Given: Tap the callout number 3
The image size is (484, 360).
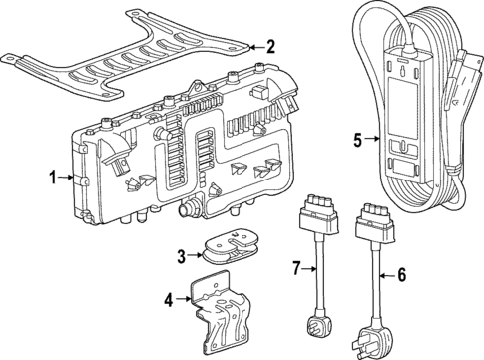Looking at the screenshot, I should pyautogui.click(x=181, y=256).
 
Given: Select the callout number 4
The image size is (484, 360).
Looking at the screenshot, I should pyautogui.click(x=169, y=297).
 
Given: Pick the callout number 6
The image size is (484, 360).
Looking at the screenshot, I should pyautogui.click(x=402, y=274).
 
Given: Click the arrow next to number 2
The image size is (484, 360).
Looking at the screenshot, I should pyautogui.click(x=252, y=46).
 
